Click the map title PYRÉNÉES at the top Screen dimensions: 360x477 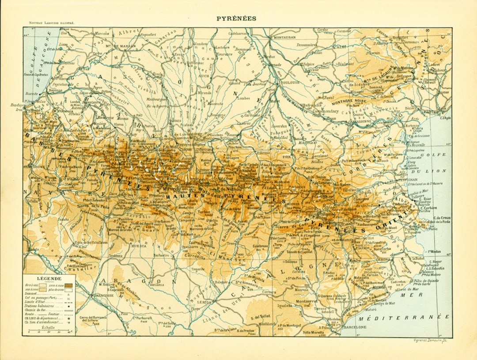(236, 19)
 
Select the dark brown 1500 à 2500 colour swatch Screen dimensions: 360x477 (69, 286)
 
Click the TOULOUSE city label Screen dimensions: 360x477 (290, 82)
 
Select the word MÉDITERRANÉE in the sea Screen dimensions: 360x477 (404, 317)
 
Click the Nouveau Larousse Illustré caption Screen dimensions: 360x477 (52, 23)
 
